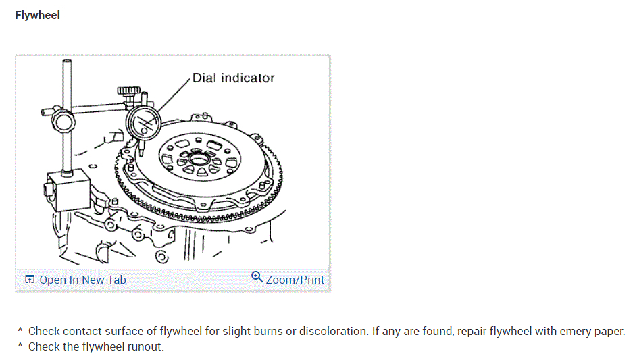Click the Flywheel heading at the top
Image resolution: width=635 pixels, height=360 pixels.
tap(37, 15)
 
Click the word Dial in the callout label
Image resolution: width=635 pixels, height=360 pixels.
tap(205, 78)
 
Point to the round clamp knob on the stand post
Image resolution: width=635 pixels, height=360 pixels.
tap(62, 121)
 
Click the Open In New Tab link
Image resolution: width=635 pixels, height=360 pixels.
tap(82, 280)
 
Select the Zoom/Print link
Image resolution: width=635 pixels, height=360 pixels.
tap(295, 280)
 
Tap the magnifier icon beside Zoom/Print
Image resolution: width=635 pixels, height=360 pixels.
tap(257, 277)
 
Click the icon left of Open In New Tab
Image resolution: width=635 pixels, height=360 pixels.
tap(30, 280)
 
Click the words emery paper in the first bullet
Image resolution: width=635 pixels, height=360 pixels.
tap(595, 332)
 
